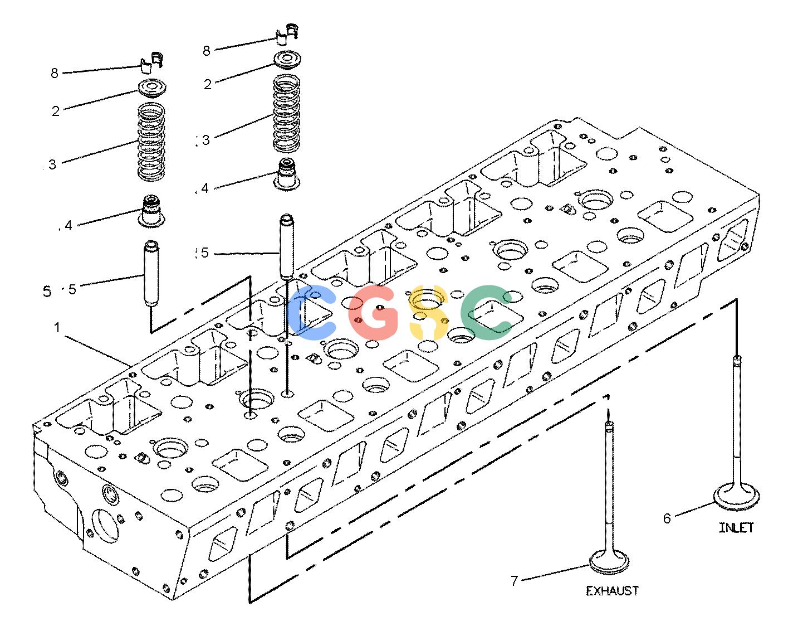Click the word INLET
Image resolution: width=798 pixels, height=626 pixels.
[736, 528]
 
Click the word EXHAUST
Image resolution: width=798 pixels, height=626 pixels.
[612, 591]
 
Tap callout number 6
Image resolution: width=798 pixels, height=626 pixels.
[667, 518]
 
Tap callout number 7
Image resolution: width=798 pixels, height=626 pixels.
[515, 581]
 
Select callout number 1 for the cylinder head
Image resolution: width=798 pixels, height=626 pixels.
[57, 327]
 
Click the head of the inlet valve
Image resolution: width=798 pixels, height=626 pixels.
[736, 497]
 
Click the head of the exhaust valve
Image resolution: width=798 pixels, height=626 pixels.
[609, 562]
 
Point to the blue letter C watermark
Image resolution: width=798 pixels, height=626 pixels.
[311, 312]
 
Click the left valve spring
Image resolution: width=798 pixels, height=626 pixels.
[151, 142]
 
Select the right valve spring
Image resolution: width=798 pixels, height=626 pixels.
[286, 113]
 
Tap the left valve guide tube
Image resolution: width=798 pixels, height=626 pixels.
[151, 273]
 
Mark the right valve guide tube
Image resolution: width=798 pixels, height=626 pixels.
[286, 246]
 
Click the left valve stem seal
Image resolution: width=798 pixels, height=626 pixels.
[151, 211]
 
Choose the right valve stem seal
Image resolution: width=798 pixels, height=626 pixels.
[287, 174]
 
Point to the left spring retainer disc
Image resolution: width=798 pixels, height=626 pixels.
[152, 89]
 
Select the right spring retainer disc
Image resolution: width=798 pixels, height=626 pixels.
[287, 60]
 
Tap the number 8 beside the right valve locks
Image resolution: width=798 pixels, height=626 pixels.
[207, 51]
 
